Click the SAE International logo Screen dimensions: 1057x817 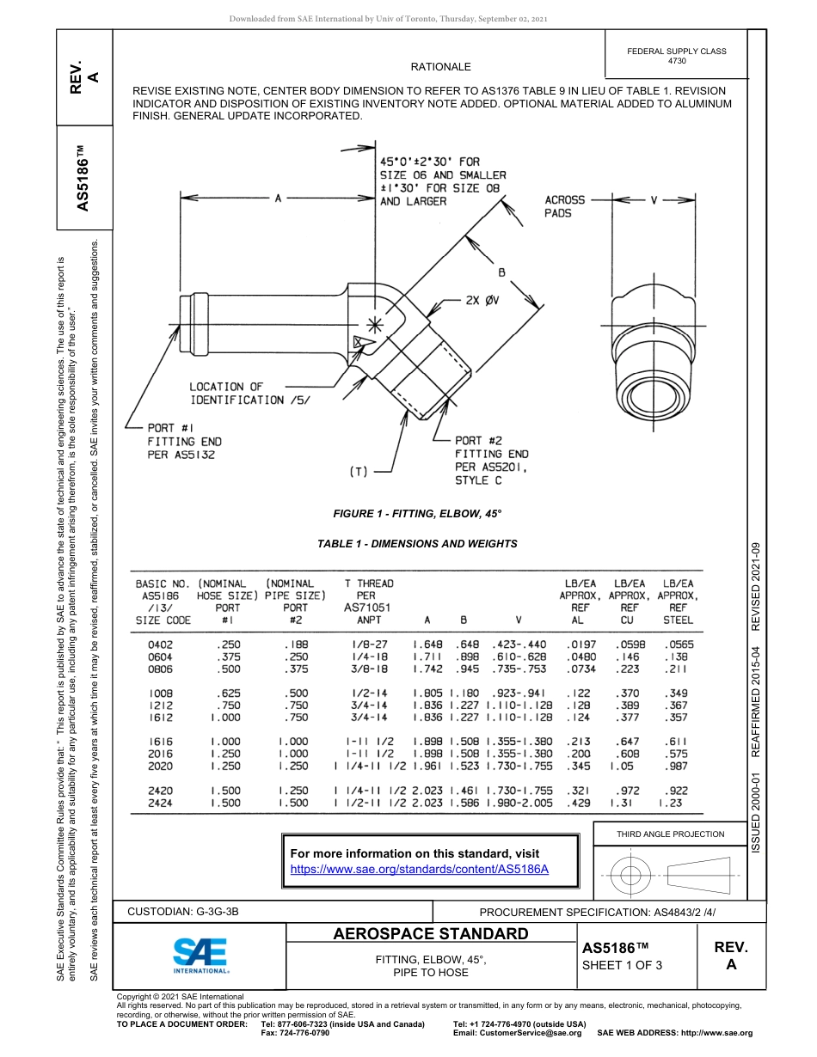pyautogui.click(x=200, y=954)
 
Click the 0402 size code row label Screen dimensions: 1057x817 pyautogui.click(x=161, y=644)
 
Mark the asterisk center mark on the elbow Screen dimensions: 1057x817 pyautogui.click(x=374, y=324)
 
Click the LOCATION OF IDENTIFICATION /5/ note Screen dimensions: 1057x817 pyautogui.click(x=249, y=394)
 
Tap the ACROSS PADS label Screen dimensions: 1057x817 pyautogui.click(x=564, y=206)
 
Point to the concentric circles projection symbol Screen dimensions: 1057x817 pyautogui.click(x=631, y=876)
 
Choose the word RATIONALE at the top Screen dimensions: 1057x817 pyautogui.click(x=440, y=66)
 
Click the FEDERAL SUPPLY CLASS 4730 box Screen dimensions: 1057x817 pyautogui.click(x=677, y=56)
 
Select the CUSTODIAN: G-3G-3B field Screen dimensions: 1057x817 pyautogui.click(x=183, y=912)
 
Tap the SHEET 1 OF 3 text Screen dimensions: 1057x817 pyautogui.click(x=623, y=964)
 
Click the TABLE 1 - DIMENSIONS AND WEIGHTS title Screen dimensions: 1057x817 pyautogui.click(x=417, y=544)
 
